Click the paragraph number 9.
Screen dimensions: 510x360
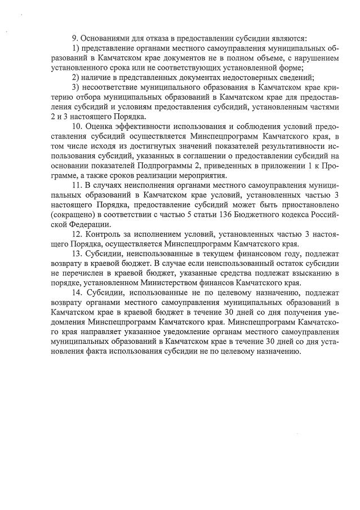[74, 38]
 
